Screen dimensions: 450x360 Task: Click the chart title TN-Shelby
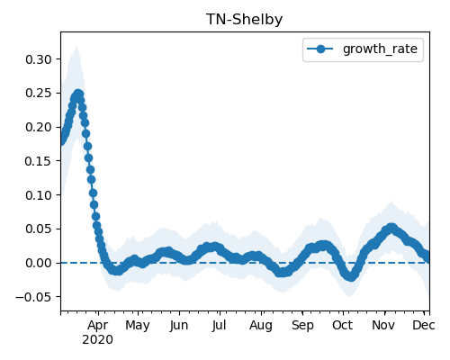[244, 20]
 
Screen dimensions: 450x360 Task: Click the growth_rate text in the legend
[380, 49]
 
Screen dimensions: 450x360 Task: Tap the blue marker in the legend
[320, 49]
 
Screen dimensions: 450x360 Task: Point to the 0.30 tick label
[39, 59]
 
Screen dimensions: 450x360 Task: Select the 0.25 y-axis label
[39, 94]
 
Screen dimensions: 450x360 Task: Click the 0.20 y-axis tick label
[39, 127]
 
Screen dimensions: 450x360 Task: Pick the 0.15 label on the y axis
[39, 161]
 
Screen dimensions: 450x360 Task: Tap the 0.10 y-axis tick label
[39, 195]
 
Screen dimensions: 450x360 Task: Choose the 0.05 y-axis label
[39, 229]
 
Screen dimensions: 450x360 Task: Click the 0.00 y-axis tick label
[39, 263]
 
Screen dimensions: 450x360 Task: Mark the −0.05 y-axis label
[34, 297]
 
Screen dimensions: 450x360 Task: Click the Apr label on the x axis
[98, 326]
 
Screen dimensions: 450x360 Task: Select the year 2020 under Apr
[98, 340]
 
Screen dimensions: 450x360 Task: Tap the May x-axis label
[138, 326]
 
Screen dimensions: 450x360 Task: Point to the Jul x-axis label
[219, 325]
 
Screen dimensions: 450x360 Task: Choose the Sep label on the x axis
[302, 326]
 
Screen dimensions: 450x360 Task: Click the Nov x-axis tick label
[383, 325]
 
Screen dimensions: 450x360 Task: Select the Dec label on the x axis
[424, 325]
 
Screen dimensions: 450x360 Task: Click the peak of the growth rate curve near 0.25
[78, 94]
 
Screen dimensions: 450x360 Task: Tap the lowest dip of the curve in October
[351, 277]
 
